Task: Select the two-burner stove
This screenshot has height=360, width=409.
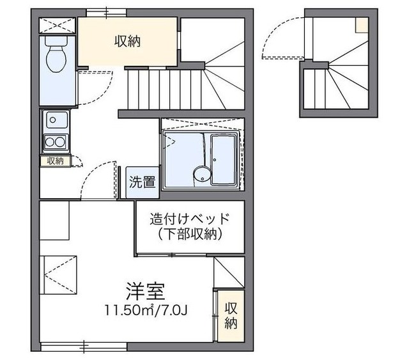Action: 55,141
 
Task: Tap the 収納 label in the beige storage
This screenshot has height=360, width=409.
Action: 127,42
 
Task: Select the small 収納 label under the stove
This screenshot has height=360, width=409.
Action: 55,161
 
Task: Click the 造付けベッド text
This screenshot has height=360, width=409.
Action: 189,218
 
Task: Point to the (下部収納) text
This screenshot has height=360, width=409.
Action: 189,235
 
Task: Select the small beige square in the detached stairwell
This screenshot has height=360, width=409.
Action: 362,24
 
